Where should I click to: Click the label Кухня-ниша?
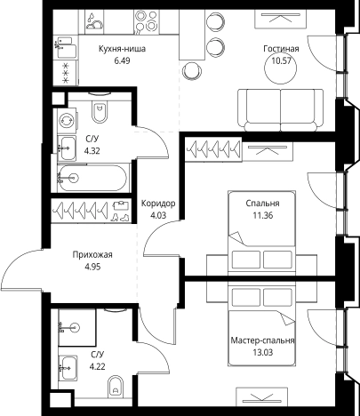tap(122, 49)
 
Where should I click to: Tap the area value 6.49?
tap(122, 60)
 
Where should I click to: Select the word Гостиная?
tap(281, 49)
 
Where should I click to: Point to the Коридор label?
tap(158, 204)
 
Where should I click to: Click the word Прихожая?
tap(92, 255)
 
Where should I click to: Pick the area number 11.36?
tap(263, 215)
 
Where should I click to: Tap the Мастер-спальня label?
tap(262, 340)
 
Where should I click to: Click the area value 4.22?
tap(98, 367)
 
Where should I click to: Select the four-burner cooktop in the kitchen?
tap(147, 22)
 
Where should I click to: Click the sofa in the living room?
tap(280, 110)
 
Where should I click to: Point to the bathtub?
tap(92, 178)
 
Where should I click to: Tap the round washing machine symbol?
tap(67, 121)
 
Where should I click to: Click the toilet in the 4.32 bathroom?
tap(100, 111)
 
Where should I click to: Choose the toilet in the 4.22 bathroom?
tap(116, 386)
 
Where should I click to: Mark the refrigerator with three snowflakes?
tap(66, 73)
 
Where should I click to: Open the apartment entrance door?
tap(22, 268)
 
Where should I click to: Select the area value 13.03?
tap(262, 353)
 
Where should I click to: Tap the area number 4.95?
tap(92, 267)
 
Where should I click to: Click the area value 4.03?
tap(158, 215)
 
